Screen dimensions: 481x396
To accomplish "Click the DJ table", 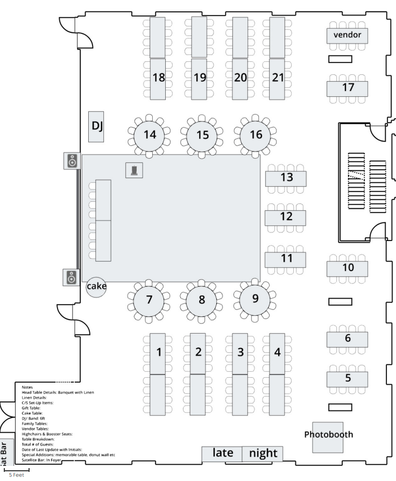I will pos(96,126).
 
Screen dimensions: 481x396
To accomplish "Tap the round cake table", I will pos(96,286).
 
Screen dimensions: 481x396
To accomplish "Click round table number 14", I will pos(150,135).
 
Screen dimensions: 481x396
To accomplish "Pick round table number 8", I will pos(202,299).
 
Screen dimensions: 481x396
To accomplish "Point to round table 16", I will pos(256,135).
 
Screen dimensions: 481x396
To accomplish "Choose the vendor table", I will pos(347,36).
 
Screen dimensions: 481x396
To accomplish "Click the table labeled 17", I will pos(348,88).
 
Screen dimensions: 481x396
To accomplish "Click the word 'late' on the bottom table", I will pos(222,454).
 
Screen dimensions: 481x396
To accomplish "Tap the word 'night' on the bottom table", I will pos(263,454).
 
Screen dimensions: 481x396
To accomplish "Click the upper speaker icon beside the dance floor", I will pos(72,160).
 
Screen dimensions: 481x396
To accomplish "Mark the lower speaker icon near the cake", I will pos(71,278).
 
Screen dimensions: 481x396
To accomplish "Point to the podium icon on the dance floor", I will pos(134,171).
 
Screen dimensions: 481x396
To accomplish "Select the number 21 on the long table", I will pos(277,77).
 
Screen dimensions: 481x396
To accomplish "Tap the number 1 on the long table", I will pos(158,352).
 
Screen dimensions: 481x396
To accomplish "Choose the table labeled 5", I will pos(348,378).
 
